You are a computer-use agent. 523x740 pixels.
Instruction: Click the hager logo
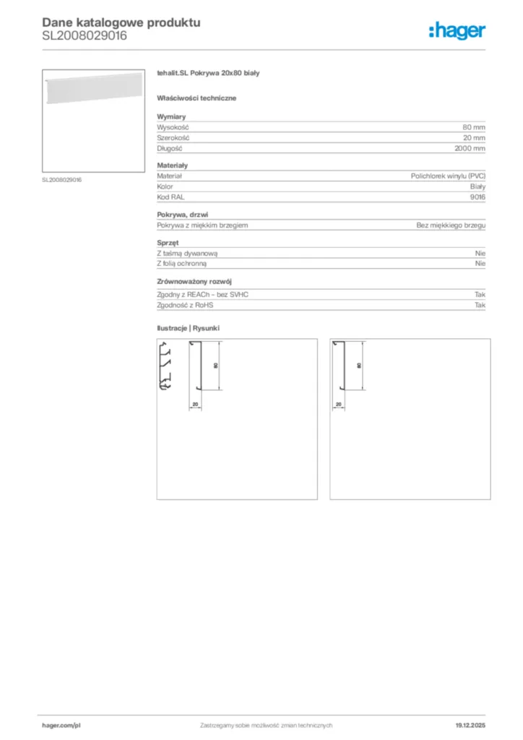tap(457, 30)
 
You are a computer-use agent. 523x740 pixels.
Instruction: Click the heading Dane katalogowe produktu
tap(121, 22)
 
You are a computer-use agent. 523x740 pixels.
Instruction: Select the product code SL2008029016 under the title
tap(85, 35)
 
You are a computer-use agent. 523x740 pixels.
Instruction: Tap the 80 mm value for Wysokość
tap(474, 127)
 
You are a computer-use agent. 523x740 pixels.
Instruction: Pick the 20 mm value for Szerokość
tap(474, 137)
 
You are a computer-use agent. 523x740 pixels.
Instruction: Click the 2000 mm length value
tap(470, 148)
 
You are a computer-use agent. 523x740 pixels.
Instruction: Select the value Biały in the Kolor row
tap(477, 186)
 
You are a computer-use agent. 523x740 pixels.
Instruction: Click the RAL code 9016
tap(477, 197)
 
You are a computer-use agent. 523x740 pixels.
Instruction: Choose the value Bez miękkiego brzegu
tap(451, 225)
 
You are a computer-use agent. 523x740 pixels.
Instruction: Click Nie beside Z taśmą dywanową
tap(480, 254)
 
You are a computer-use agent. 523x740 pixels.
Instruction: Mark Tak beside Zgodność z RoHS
tap(480, 306)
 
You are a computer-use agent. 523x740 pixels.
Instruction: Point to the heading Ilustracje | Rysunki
tap(189, 329)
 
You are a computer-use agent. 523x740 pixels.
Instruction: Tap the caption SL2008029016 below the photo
tap(62, 179)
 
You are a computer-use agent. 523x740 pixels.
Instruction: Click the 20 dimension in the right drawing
tap(339, 405)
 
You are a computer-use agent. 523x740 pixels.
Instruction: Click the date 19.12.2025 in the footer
tap(470, 725)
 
